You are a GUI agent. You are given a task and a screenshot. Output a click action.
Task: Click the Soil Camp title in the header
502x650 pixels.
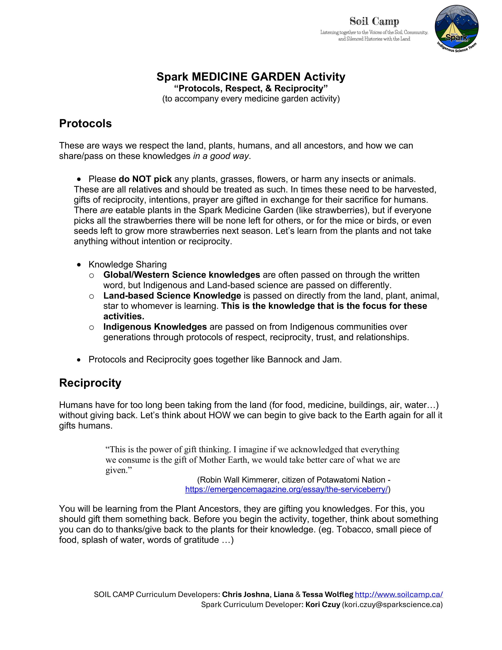point(374,21)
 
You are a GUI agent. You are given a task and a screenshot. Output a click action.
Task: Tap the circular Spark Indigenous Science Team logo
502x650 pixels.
point(457,28)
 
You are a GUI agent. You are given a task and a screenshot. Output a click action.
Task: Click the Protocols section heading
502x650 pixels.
point(85,123)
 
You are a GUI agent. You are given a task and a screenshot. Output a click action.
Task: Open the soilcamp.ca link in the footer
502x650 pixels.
point(399,594)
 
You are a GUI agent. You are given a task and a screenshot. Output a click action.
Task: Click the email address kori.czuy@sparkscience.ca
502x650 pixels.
point(392,604)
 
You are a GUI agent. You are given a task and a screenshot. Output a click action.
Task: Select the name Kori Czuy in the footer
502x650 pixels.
point(323,604)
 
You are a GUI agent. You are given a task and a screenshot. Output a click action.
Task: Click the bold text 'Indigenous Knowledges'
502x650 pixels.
point(155,327)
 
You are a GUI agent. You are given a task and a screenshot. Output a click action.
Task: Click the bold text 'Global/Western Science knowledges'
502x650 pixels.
point(182,275)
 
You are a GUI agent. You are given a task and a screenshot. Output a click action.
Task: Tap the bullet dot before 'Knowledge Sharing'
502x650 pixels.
point(79,265)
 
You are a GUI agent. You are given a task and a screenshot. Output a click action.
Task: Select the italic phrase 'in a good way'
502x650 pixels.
point(221,156)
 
